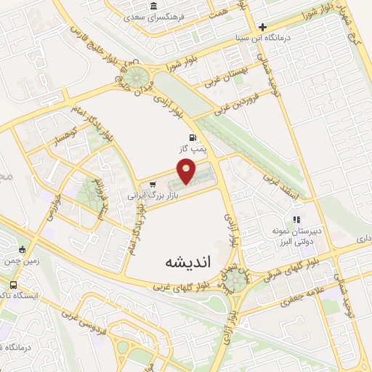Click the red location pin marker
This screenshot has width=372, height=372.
(187, 172)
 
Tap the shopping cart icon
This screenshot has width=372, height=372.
(152, 185)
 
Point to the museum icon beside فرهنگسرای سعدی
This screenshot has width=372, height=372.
(153, 7)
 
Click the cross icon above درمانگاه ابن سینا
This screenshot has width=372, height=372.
(263, 27)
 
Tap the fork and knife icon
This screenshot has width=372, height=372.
(296, 219)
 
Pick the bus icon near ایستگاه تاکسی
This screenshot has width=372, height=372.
(14, 284)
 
